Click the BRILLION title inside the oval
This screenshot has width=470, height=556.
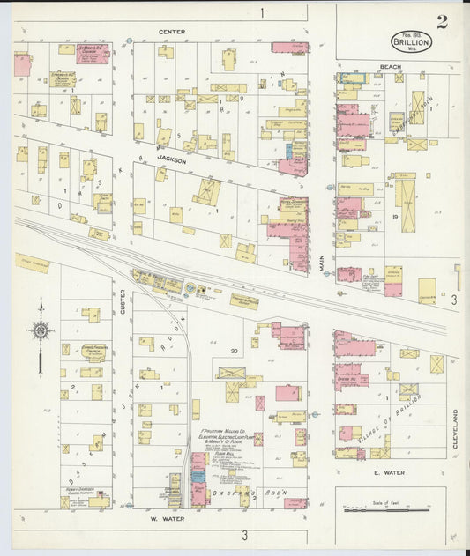(413, 41)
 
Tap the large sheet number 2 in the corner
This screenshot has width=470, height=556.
(441, 22)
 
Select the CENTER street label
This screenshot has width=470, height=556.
(172, 32)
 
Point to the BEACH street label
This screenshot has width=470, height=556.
(390, 66)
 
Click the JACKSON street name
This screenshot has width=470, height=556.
(172, 159)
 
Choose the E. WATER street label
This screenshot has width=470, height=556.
(388, 472)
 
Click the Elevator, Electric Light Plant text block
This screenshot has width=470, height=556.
(220, 437)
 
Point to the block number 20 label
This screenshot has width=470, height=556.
(234, 351)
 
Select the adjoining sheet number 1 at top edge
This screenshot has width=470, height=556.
(262, 12)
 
